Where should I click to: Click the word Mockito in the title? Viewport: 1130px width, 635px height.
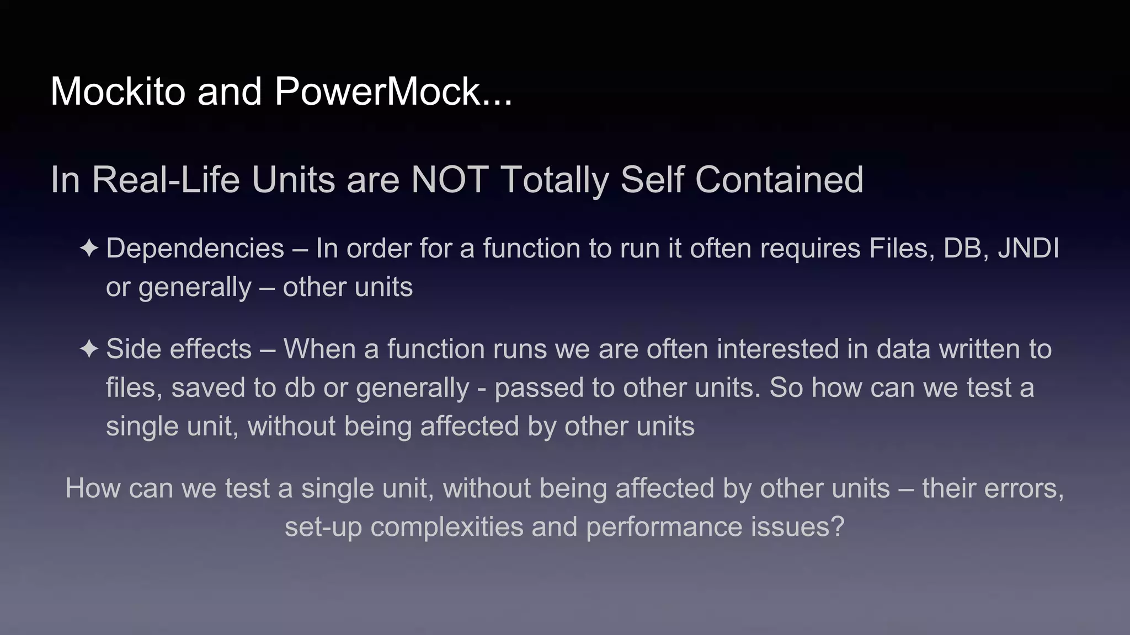(x=118, y=92)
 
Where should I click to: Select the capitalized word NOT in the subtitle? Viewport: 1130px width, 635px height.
(x=449, y=180)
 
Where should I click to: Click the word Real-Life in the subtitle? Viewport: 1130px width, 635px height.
(x=166, y=180)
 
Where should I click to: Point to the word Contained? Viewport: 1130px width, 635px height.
(x=779, y=180)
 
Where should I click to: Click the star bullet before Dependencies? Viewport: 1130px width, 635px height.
(x=89, y=249)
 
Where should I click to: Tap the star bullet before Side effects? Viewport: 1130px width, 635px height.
(x=89, y=349)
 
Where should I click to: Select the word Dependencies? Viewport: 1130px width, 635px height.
(x=195, y=249)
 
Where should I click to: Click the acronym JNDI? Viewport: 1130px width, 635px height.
(x=1028, y=249)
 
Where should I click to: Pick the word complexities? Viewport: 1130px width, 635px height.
(x=447, y=527)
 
